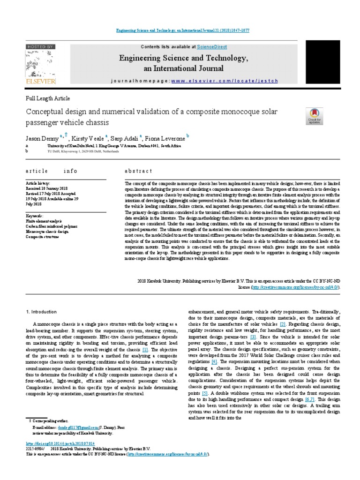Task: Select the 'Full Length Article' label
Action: click(47, 98)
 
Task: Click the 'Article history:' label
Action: click(37, 183)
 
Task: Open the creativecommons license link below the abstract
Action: click(295, 287)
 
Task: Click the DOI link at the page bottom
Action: click(61, 443)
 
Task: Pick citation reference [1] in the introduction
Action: click(145, 349)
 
